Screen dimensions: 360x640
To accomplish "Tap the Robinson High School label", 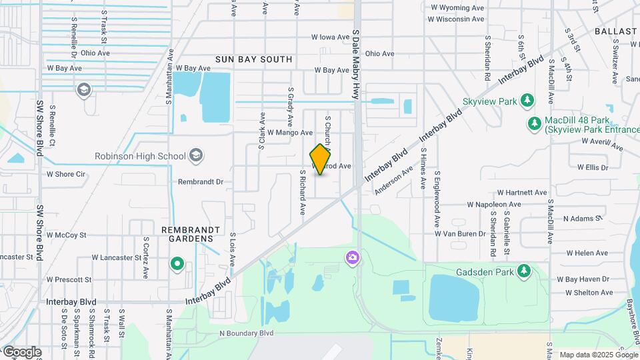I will point(139,157).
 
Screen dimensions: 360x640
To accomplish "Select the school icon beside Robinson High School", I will point(195,156).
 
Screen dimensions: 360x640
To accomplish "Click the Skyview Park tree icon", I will point(527,100).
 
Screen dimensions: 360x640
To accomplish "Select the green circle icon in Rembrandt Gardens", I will point(177,263).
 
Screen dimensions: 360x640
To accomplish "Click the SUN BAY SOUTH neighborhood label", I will point(253,59).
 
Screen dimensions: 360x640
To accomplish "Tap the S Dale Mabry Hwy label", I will point(357,64).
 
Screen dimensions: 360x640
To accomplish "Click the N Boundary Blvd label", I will point(247,332).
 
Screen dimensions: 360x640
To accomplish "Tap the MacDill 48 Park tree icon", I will point(534,123).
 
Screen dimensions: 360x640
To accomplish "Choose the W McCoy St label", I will point(66,235).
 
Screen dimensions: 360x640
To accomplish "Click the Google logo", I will point(22,351).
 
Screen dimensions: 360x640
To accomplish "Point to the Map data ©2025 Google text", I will point(597,354).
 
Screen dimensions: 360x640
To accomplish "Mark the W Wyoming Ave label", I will point(457,7).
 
